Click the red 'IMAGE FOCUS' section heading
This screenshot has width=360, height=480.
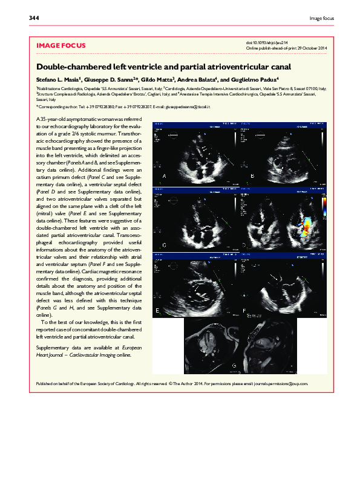click(x=61, y=45)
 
